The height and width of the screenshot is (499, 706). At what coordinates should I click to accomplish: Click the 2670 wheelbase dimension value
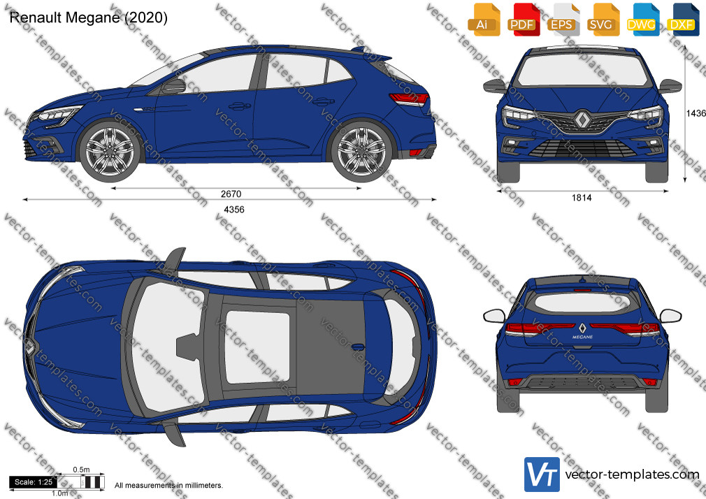(231, 194)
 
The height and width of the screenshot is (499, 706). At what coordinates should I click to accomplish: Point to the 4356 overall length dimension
(234, 210)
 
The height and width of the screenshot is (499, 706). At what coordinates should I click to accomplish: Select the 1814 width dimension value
(582, 198)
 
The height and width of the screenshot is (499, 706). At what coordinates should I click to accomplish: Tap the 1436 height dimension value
(696, 113)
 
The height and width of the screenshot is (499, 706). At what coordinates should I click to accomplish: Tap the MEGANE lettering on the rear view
(583, 337)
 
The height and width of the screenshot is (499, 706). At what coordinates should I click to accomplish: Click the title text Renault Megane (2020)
(88, 17)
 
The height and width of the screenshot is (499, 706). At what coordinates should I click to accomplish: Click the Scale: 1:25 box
(34, 482)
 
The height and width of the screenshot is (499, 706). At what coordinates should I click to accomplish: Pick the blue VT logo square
(542, 475)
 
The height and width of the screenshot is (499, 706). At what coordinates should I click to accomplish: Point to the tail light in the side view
(409, 99)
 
